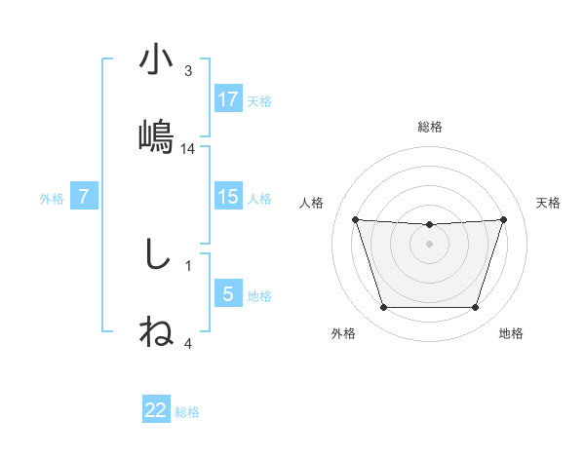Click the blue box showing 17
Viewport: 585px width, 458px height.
(228, 99)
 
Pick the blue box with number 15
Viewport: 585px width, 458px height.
(228, 197)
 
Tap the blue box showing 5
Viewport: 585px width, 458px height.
(228, 294)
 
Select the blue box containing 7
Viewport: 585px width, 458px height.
(84, 197)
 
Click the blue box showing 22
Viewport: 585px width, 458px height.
(156, 410)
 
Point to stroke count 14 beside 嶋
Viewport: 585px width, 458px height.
(189, 149)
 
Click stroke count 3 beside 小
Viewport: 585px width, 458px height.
(188, 71)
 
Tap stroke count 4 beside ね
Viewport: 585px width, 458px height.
(188, 343)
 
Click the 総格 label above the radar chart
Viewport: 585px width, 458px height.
(430, 127)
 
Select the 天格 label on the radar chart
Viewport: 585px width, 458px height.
(549, 203)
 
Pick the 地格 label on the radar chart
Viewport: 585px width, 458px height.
(511, 333)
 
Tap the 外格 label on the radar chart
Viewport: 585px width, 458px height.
(343, 333)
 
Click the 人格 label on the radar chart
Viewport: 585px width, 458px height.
(313, 203)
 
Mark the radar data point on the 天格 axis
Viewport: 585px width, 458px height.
(503, 220)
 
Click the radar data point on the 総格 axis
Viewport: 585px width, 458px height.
(429, 225)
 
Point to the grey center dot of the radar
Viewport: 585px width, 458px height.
(429, 244)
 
